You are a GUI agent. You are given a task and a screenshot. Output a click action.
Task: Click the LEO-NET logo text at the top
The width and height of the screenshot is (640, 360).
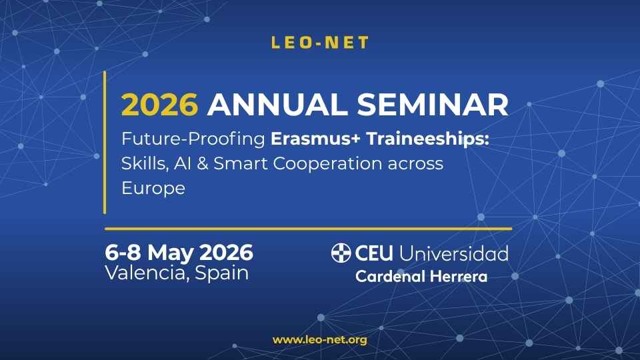[x=320, y=43]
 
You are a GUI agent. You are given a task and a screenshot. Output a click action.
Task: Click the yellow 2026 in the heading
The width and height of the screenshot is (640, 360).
[x=159, y=105]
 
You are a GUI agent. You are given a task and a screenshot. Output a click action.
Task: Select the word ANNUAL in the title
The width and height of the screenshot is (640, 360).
[x=278, y=105]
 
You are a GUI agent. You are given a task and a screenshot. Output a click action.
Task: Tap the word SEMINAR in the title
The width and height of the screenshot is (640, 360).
[x=433, y=105]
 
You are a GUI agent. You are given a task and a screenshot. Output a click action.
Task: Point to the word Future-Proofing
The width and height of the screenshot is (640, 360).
[x=193, y=139]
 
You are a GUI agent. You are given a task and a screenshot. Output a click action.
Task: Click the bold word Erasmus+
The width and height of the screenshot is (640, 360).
[x=315, y=139]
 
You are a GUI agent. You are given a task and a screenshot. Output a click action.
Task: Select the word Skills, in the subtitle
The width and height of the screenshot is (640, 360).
[x=145, y=164]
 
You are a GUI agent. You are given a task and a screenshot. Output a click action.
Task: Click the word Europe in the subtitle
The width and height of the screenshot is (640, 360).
[x=153, y=189]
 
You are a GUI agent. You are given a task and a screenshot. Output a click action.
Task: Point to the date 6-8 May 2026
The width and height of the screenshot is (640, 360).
[x=179, y=253]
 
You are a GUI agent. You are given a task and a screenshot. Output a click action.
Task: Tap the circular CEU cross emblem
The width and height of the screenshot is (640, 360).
[x=341, y=253]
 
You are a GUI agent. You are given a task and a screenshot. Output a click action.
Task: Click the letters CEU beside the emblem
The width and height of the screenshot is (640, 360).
[x=374, y=253]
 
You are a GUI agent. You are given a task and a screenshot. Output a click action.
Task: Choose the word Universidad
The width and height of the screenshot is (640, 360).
[x=453, y=253]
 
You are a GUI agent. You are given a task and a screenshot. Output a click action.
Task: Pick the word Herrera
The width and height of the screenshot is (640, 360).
[x=459, y=277]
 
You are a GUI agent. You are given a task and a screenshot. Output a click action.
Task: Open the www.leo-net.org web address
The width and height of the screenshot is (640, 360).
[x=320, y=340]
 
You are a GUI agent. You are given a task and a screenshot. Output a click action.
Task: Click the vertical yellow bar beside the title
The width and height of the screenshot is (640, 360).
[x=105, y=143]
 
